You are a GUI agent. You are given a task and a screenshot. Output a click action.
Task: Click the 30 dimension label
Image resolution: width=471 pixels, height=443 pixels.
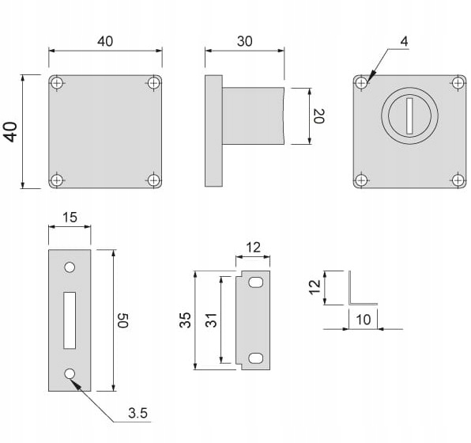point(244,41)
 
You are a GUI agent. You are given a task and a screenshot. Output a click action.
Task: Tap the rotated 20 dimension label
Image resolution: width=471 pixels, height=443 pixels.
point(318,116)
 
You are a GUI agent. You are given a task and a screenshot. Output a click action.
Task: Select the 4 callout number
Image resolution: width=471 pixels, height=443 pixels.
point(405,41)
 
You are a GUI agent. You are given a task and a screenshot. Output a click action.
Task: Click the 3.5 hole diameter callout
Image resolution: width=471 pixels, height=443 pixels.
point(138,413)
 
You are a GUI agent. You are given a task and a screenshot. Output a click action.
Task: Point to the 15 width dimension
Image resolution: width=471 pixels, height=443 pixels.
point(70,217)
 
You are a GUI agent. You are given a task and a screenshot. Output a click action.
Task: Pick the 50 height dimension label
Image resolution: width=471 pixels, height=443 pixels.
point(122,320)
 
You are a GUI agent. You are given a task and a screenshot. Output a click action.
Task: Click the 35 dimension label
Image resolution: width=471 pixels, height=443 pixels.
point(185,320)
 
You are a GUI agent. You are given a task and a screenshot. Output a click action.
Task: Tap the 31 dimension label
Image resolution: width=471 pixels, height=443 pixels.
point(211,320)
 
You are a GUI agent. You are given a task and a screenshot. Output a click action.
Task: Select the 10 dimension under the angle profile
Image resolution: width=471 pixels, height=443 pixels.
point(364,320)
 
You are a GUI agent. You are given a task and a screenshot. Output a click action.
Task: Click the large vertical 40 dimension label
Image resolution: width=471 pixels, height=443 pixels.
point(11,132)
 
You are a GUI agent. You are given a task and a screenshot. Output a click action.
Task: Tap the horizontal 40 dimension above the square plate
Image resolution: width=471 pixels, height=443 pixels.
point(105,41)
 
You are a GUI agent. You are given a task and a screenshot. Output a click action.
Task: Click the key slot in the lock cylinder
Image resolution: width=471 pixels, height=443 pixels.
point(409,115)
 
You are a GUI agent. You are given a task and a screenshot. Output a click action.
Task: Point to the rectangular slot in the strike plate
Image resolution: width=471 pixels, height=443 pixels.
point(70,320)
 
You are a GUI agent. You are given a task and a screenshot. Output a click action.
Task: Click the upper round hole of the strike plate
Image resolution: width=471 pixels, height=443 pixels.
point(70,267)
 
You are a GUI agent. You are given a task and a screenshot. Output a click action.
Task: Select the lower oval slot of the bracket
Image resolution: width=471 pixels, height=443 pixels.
point(255,358)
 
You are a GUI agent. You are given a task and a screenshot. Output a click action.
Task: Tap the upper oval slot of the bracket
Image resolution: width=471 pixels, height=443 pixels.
point(255,282)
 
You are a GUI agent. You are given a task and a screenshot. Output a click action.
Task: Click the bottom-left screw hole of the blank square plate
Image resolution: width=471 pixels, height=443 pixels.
point(56,180)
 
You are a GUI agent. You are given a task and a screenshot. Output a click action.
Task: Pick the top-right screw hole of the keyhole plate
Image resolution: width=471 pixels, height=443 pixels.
point(458,83)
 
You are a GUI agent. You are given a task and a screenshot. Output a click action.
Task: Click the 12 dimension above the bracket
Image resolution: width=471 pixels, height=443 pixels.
point(253,248)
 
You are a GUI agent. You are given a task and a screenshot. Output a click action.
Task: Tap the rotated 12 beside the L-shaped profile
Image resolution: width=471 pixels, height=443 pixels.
point(315,287)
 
